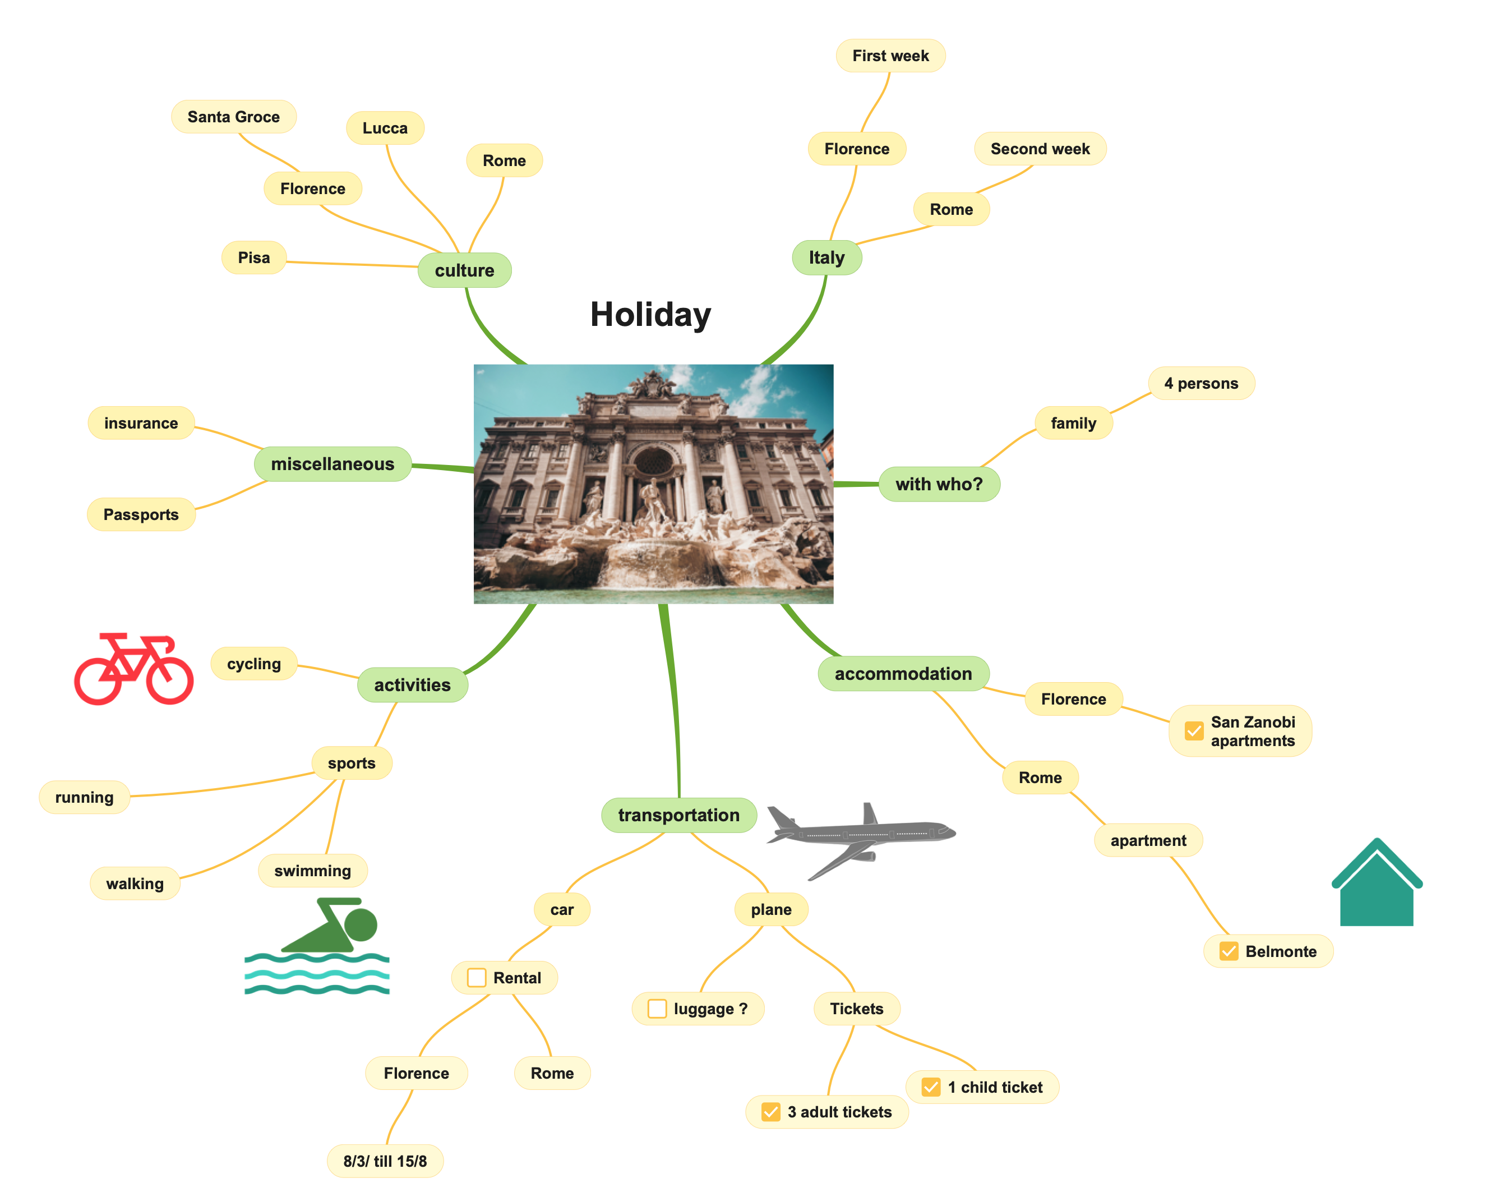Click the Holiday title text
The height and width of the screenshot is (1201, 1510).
[x=650, y=315]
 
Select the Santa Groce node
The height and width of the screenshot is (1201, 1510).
[x=233, y=116]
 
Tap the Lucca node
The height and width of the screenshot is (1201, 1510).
[x=385, y=127]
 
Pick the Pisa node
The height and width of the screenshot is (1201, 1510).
[x=253, y=257]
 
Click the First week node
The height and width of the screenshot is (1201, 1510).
[x=890, y=56]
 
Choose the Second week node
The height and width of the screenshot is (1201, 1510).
[x=1040, y=149]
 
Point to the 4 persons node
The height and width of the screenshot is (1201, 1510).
[x=1201, y=383]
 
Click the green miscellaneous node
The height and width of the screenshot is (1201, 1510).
[x=333, y=464]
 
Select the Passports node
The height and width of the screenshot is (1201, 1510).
[x=141, y=514]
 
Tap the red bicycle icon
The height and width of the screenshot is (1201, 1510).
[x=134, y=669]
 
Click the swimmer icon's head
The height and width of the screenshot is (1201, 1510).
[x=361, y=925]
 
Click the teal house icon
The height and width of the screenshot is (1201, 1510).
[x=1376, y=883]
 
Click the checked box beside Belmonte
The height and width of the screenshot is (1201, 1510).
[x=1229, y=951]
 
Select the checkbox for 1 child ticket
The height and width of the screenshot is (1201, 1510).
[x=931, y=1087]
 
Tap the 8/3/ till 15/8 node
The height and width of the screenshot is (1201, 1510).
[x=385, y=1161]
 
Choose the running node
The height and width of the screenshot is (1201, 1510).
[x=84, y=797]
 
